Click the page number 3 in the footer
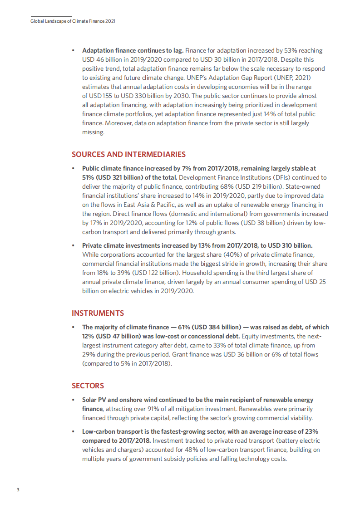coord(18,490)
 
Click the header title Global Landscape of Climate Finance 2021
coord(73,21)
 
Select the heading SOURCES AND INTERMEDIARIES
coord(128,154)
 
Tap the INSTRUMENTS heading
coord(98,313)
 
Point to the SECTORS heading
coord(88,386)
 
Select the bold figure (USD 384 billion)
coord(220,327)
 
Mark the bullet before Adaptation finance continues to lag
coord(73,50)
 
